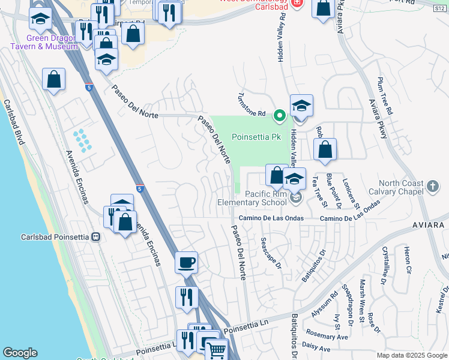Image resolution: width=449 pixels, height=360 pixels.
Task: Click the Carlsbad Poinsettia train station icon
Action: [x=95, y=236]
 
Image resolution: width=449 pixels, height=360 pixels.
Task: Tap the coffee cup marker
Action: [x=186, y=262]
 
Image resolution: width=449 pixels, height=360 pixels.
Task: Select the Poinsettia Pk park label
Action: [x=255, y=137]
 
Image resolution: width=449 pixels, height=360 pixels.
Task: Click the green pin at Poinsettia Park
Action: [x=279, y=115]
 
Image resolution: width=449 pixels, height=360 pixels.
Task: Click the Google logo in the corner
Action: [x=20, y=353]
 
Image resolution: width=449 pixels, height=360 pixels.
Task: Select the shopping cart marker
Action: [x=216, y=350]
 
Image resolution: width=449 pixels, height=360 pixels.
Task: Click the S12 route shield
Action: [x=440, y=8]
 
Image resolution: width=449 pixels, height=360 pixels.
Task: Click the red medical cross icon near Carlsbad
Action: [x=296, y=4]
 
